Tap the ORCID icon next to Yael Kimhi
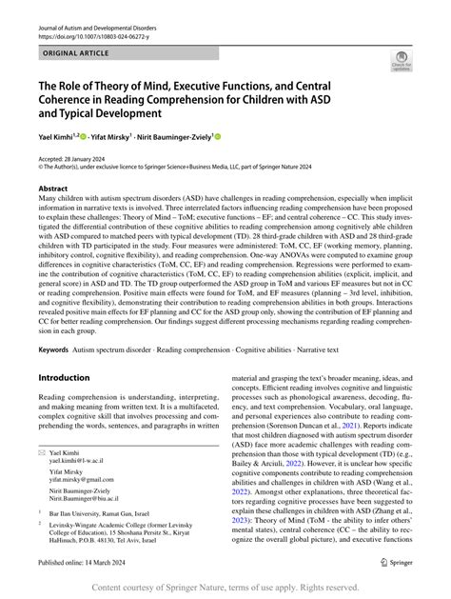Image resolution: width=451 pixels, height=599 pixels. point(83,136)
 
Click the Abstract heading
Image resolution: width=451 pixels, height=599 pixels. point(52,190)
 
